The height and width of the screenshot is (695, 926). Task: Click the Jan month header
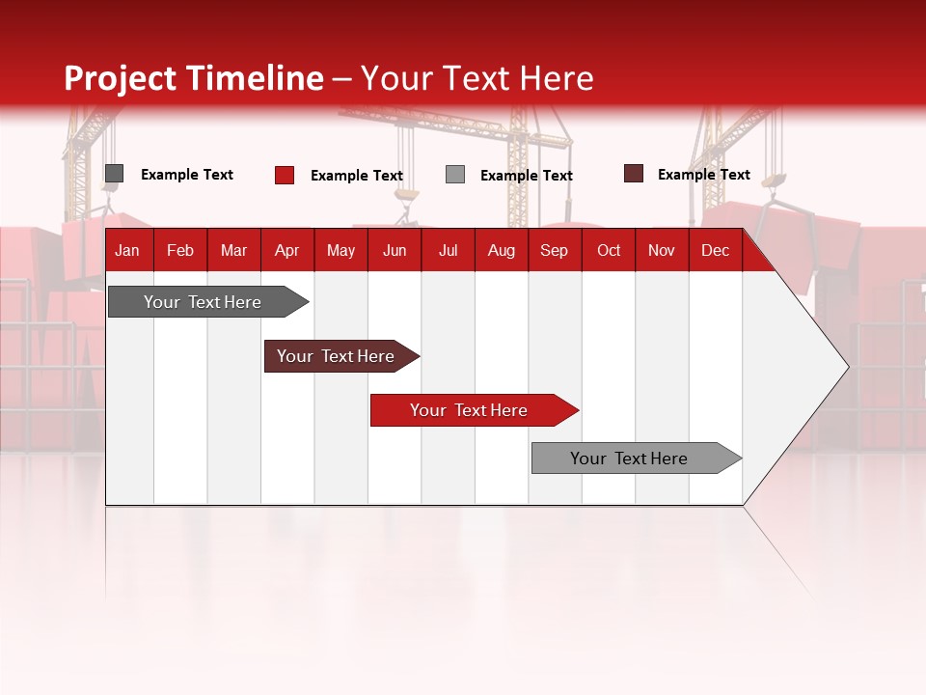tap(127, 250)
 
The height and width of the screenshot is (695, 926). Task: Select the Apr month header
tap(287, 250)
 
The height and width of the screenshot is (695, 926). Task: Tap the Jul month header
tap(448, 250)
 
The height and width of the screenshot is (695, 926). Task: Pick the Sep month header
tap(554, 250)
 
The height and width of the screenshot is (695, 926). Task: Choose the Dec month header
tap(715, 250)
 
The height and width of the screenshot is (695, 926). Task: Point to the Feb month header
tap(180, 250)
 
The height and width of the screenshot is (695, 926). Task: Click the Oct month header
tap(609, 250)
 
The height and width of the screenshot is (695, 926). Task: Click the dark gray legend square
tap(115, 174)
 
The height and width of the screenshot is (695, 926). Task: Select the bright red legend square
tap(285, 175)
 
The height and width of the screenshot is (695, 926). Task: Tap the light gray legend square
tap(455, 175)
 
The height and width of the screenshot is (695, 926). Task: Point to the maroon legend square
tap(634, 174)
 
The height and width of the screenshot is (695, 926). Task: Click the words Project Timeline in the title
tap(194, 78)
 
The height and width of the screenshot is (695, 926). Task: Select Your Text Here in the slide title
tap(477, 78)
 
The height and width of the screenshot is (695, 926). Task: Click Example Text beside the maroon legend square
tap(703, 175)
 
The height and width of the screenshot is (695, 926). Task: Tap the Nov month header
tap(662, 250)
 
